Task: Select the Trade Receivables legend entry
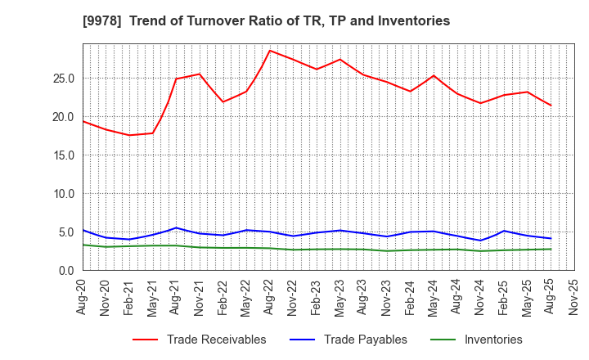[x=216, y=340]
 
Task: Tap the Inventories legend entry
[x=492, y=340]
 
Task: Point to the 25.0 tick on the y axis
[x=64, y=79]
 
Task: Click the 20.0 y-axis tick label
[x=64, y=117]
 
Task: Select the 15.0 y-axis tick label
[x=64, y=155]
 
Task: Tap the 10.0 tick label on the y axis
[x=64, y=194]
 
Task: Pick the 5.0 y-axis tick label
[x=67, y=232]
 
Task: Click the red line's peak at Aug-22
[x=270, y=51]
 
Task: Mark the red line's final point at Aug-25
[x=551, y=105]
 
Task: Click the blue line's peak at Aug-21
[x=176, y=227]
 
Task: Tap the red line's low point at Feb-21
[x=129, y=135]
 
